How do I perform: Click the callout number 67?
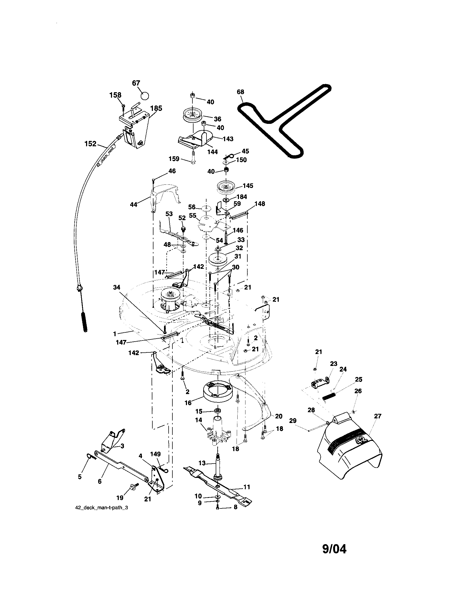pos(136,83)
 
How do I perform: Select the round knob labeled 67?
pos(145,96)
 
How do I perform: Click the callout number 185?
pos(156,108)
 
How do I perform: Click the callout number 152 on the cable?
pos(90,144)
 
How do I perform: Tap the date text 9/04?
pos(334,549)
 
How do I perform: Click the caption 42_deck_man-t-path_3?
pos(101,508)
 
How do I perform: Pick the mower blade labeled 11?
pos(218,484)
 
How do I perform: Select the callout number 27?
pos(378,416)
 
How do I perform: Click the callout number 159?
pos(174,158)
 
